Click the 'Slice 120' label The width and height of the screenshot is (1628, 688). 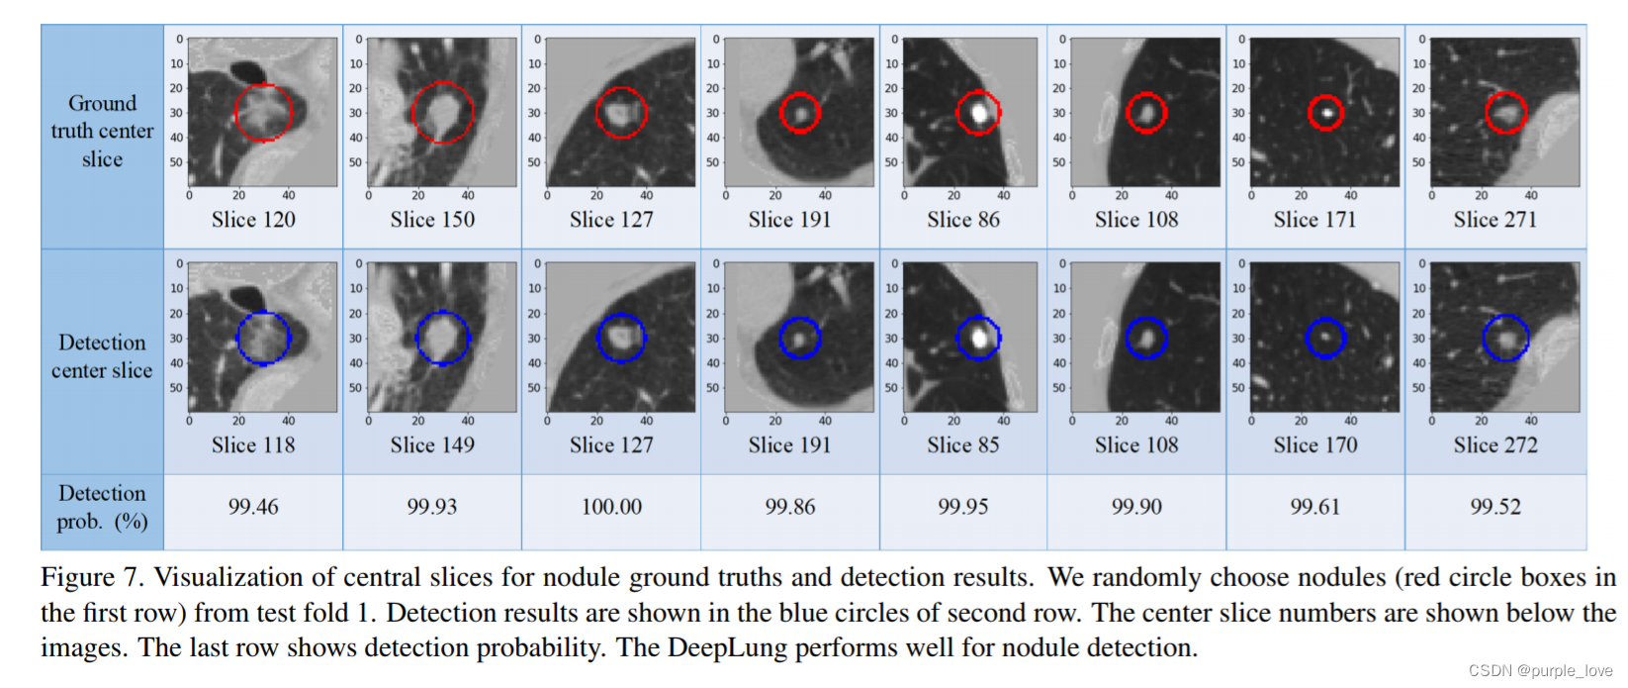pyautogui.click(x=253, y=220)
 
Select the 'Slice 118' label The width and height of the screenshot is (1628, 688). pyautogui.click(x=253, y=445)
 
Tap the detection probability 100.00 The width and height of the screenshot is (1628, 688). pyautogui.click(x=611, y=507)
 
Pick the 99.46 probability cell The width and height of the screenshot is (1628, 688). pyautogui.click(x=253, y=507)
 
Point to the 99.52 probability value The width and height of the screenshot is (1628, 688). pyautogui.click(x=1494, y=507)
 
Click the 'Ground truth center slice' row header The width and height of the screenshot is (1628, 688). pyautogui.click(x=102, y=132)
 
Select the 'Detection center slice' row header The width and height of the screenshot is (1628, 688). pyautogui.click(x=102, y=356)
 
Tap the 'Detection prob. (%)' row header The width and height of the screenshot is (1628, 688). pyautogui.click(x=102, y=507)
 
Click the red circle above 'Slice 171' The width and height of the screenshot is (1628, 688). pyautogui.click(x=1325, y=112)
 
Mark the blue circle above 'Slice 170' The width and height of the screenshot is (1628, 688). pyautogui.click(x=1325, y=338)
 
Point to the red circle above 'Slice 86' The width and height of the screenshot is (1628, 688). pyautogui.click(x=978, y=112)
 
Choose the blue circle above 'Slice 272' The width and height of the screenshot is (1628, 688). pyautogui.click(x=1505, y=338)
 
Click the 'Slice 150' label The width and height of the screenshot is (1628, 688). pyautogui.click(x=432, y=220)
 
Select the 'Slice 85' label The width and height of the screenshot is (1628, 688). pyautogui.click(x=962, y=445)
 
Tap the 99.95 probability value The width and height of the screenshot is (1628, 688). pyautogui.click(x=962, y=507)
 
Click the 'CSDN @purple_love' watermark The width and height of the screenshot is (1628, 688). pyautogui.click(x=1540, y=671)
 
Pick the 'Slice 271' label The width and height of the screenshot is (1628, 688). pyautogui.click(x=1494, y=220)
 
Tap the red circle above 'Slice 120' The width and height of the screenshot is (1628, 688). pyautogui.click(x=263, y=112)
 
